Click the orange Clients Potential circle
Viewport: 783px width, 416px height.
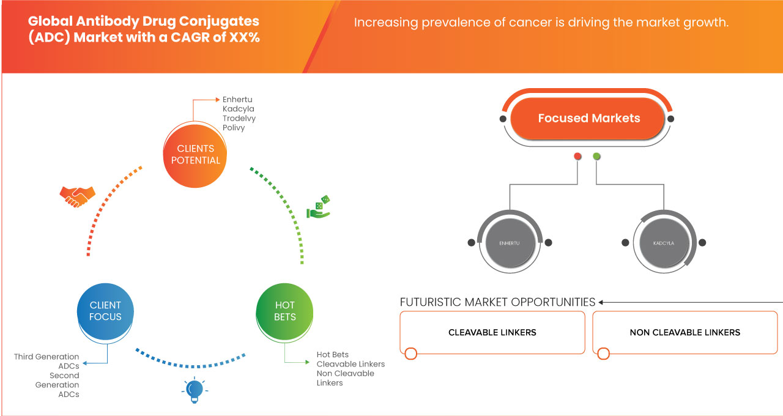click(x=196, y=154)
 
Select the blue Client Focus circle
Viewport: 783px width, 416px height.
click(x=106, y=311)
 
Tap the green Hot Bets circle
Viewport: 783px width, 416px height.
click(x=284, y=311)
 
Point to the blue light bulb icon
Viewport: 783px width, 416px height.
click(x=194, y=390)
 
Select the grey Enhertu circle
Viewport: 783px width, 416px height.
click(x=509, y=243)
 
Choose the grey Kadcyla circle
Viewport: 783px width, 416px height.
click(x=664, y=243)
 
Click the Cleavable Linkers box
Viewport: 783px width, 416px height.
click(x=492, y=333)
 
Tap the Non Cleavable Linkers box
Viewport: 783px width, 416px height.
click(x=685, y=333)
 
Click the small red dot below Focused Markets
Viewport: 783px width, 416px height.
click(x=577, y=157)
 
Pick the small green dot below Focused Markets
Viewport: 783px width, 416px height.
click(x=596, y=157)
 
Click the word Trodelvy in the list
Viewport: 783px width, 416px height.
click(x=239, y=118)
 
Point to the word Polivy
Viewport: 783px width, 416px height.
click(x=234, y=127)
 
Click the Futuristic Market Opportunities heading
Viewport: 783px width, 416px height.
click(x=497, y=302)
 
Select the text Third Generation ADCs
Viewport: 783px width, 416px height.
click(x=47, y=361)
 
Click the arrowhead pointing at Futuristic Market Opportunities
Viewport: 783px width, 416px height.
click(x=602, y=302)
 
